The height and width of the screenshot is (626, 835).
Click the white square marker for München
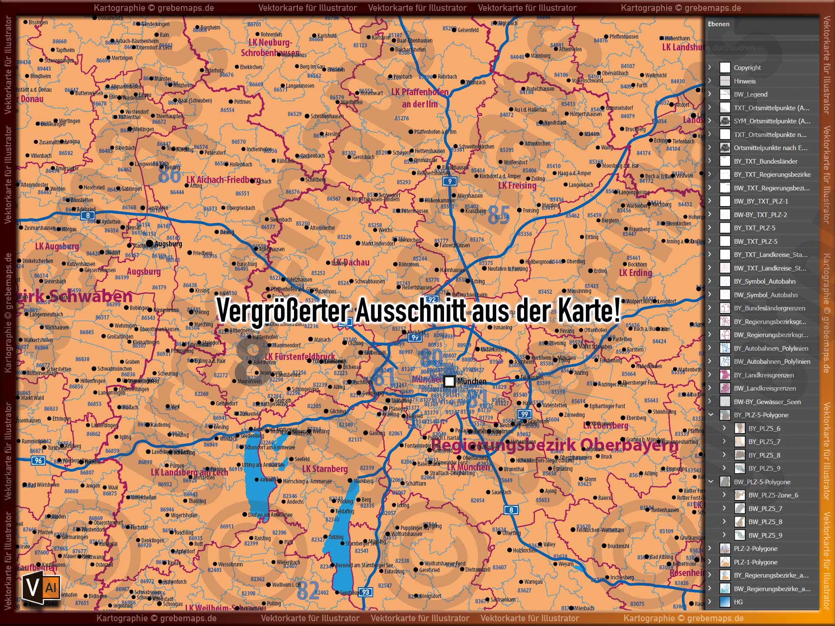pos(449,382)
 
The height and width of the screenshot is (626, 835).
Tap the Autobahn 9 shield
pos(450,181)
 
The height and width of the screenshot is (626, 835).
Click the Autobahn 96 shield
pos(39,460)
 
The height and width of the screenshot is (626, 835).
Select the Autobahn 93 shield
pos(366,592)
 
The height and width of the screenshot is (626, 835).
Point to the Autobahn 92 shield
pos(432,300)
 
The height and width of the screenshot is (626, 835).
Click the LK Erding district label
pos(635,273)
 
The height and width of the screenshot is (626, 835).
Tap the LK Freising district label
pos(517,186)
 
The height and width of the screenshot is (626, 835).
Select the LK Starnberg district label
pos(325,469)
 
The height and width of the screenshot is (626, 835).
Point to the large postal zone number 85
pos(498,215)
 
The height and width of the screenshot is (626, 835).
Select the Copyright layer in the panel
pos(747,68)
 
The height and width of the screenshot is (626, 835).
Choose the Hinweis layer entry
pos(745,81)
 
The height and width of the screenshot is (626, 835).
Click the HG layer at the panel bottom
pos(738,602)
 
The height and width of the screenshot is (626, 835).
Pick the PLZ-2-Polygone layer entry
pos(755,549)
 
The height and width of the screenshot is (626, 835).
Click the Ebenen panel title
pos(718,24)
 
